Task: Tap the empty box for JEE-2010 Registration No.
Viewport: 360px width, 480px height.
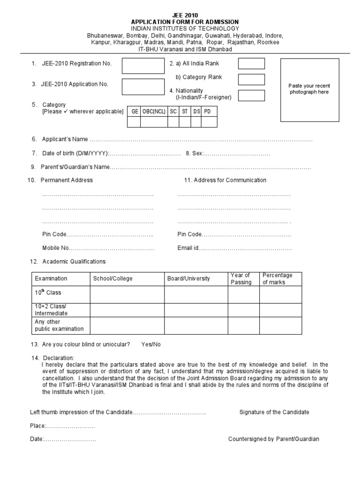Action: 137,66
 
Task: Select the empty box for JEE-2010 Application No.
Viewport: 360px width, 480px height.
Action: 137,87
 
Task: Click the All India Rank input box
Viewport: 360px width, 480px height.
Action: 251,63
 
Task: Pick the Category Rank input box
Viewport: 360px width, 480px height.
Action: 251,79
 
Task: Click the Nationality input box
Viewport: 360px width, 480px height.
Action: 251,96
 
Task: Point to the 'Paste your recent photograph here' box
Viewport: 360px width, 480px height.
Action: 309,89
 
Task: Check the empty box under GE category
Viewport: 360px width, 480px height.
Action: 134,122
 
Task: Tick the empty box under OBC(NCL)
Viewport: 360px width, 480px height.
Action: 153,122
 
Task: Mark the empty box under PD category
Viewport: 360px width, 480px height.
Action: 209,122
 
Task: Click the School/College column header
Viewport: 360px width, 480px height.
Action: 112,278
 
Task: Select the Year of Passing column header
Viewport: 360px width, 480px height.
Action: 241,278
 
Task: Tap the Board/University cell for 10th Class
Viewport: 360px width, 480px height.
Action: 195,294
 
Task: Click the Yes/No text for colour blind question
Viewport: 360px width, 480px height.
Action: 151,345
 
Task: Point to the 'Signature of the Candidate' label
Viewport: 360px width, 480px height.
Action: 274,412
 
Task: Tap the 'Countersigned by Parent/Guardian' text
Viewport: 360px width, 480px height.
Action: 274,439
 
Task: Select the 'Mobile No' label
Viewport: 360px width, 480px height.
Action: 56,247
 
